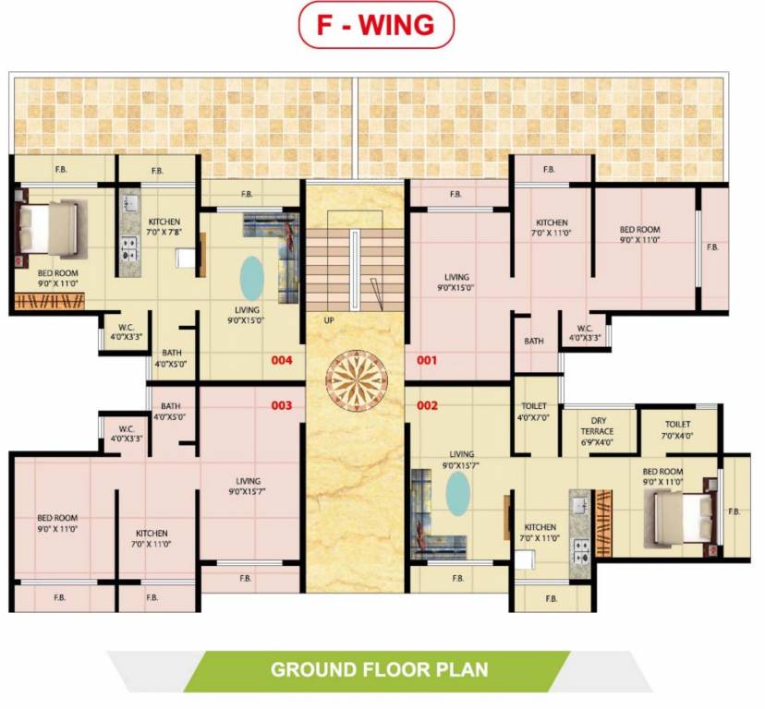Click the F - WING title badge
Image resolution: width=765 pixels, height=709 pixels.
click(x=375, y=25)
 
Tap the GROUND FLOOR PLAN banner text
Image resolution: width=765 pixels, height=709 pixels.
click(x=378, y=668)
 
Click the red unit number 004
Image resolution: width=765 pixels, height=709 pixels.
click(x=281, y=360)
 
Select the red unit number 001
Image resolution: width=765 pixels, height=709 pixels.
click(x=426, y=360)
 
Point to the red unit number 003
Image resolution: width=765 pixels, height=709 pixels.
click(x=281, y=405)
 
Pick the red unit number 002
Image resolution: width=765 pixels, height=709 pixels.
click(x=426, y=405)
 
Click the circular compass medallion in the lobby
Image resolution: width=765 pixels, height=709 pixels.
click(x=354, y=380)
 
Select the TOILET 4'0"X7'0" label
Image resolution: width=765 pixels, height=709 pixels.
click(x=534, y=412)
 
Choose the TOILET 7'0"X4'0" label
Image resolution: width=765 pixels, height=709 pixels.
click(x=677, y=430)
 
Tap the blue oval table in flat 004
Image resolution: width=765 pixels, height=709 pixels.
click(x=251, y=275)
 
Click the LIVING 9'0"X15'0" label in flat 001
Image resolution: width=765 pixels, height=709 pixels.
click(x=456, y=282)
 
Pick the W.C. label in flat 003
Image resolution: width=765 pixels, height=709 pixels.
click(x=127, y=433)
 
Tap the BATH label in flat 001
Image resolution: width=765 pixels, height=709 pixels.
click(x=534, y=341)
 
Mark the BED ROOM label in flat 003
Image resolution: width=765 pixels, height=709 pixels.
click(x=57, y=523)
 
